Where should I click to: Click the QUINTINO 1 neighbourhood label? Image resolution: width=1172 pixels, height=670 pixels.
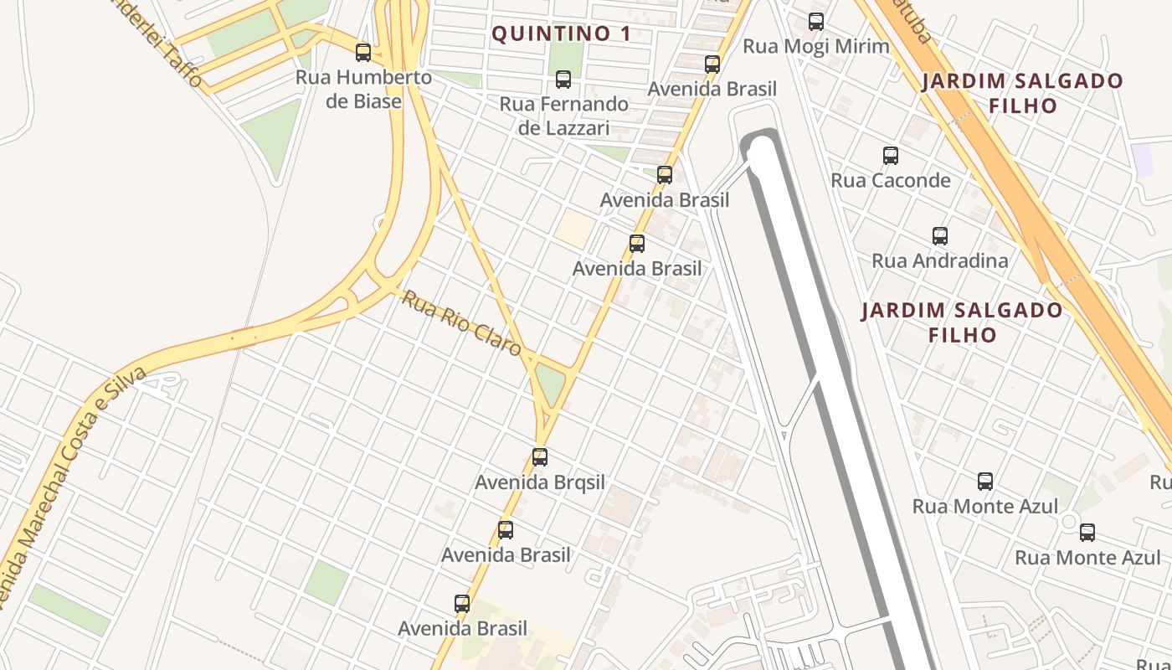pos(560,34)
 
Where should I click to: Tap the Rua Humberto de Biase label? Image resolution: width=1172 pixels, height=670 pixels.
pos(363,89)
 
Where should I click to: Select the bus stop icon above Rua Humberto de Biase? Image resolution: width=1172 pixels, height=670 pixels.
pos(363,53)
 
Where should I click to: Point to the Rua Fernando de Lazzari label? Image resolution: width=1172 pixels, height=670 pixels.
pos(563,116)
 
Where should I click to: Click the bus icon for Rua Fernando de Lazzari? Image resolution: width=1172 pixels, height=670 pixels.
pos(563,80)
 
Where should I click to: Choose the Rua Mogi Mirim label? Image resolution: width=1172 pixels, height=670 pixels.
pos(816,46)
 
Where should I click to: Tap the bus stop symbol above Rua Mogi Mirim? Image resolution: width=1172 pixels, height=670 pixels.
pos(816,22)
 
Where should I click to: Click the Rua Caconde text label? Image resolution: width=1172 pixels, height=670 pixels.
pos(891,180)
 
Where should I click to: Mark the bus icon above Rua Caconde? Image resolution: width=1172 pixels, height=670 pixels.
pos(891,156)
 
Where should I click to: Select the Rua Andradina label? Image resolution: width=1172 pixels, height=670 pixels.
pos(940,260)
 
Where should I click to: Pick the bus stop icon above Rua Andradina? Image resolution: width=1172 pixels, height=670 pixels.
pos(940,236)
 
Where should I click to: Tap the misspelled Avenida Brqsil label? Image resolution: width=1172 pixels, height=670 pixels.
pos(540,482)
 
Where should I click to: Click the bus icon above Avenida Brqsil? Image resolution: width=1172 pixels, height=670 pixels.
pos(540,457)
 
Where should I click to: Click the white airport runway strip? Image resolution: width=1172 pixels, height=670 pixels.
pos(829,377)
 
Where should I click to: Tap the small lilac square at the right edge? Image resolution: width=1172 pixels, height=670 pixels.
pos(1142,159)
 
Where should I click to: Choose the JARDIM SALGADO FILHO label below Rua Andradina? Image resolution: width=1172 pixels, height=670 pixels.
pos(963,322)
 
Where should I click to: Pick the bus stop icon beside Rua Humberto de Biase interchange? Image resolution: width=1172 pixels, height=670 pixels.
pos(363,53)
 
